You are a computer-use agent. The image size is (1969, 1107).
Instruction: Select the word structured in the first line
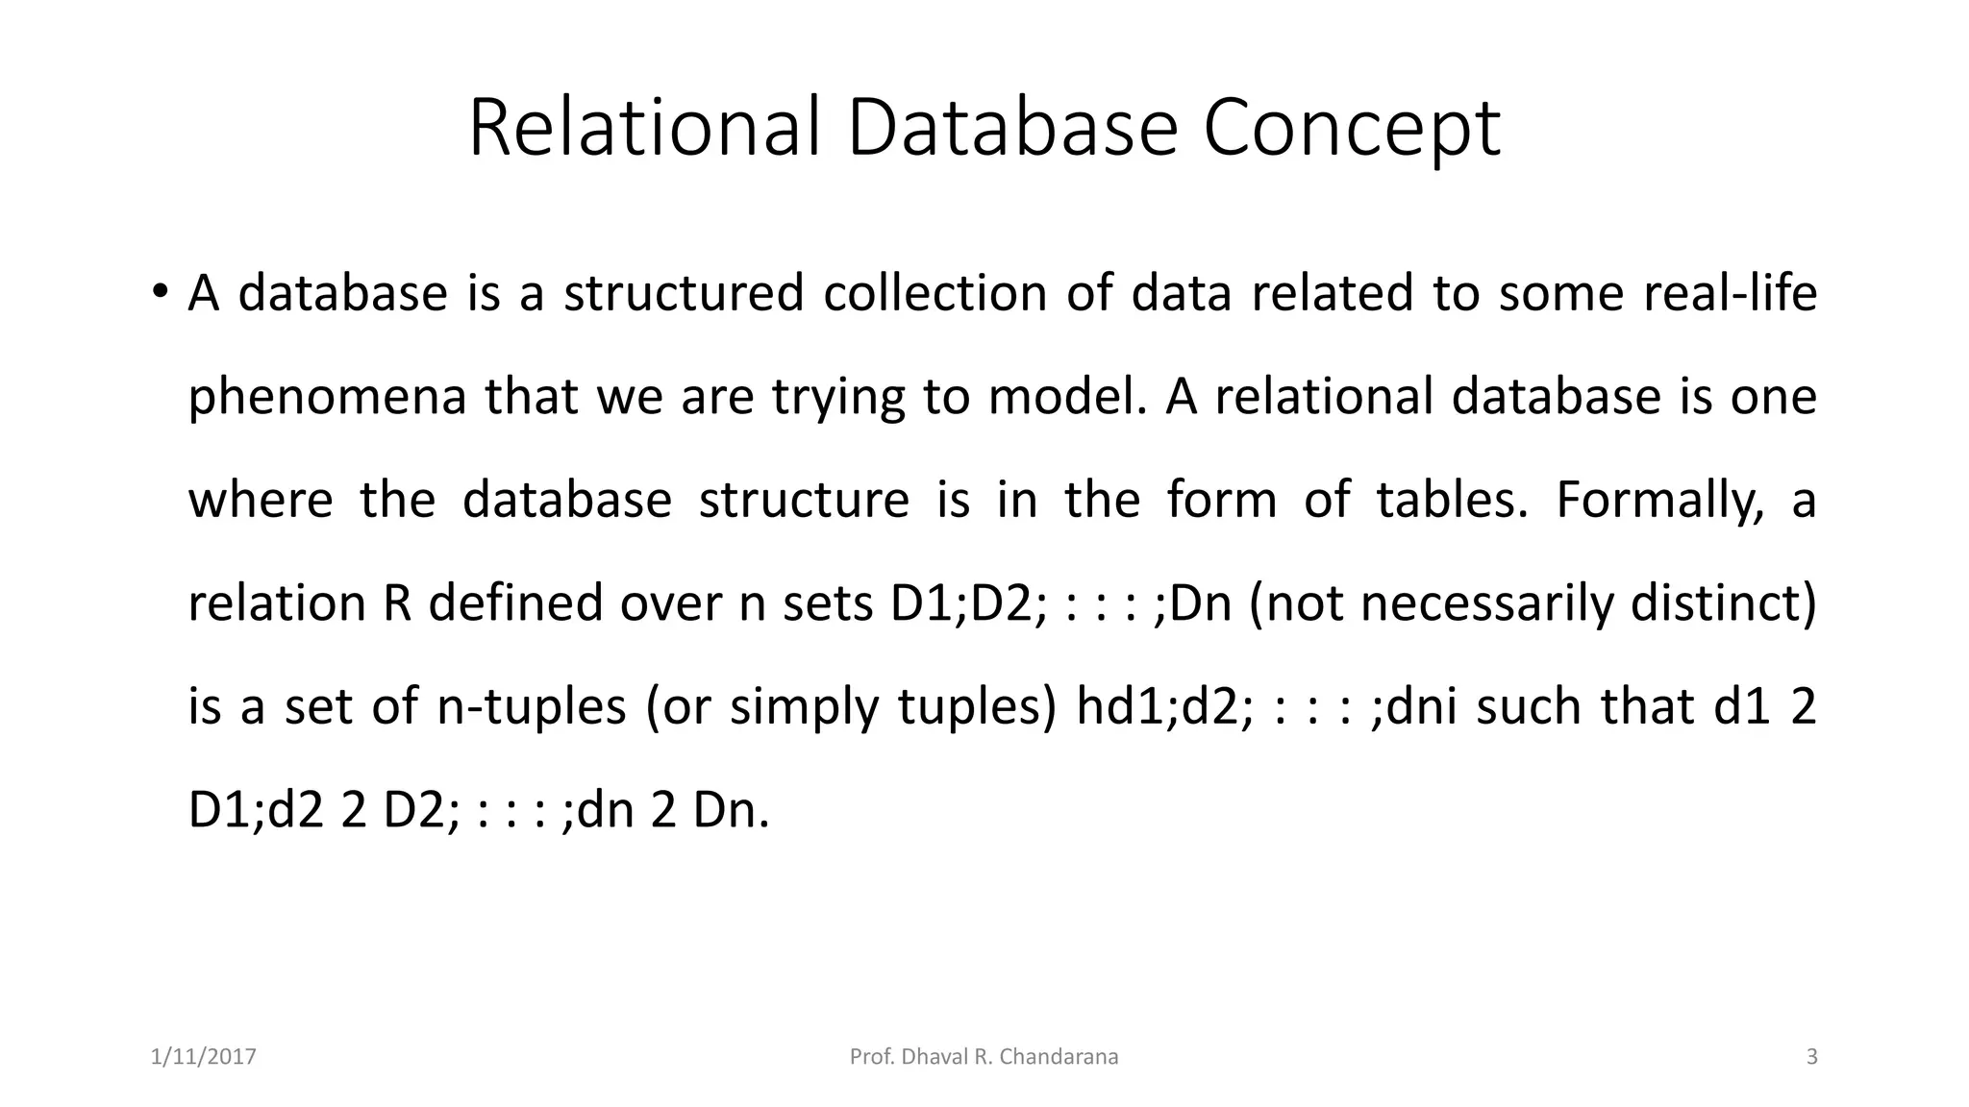coord(684,293)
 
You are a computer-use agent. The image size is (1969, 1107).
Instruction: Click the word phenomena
coord(327,397)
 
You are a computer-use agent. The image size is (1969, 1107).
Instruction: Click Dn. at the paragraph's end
coord(731,810)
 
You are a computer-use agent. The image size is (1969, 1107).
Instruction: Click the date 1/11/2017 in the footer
coord(204,1057)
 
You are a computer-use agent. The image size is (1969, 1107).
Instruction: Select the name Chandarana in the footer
coord(1059,1057)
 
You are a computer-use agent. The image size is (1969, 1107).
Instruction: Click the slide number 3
coord(1812,1057)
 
